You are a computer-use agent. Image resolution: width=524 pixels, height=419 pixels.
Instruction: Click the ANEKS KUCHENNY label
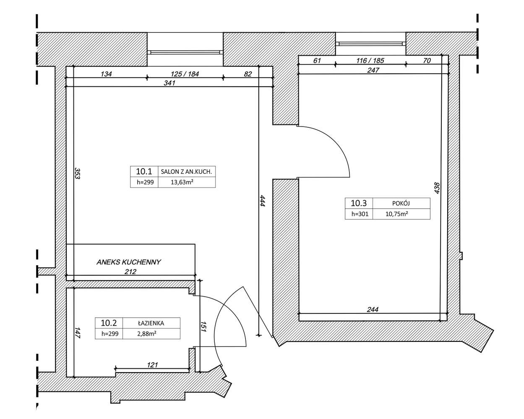click(x=129, y=262)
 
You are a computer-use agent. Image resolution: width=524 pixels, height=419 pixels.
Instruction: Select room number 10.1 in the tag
click(x=144, y=171)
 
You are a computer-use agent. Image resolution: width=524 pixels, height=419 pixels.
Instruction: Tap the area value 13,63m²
click(x=182, y=182)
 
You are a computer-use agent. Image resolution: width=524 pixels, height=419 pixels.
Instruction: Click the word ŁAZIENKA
click(x=151, y=323)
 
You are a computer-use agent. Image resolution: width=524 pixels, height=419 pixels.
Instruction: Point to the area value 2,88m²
click(x=146, y=334)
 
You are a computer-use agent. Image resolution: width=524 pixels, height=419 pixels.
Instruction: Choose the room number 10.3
click(x=359, y=203)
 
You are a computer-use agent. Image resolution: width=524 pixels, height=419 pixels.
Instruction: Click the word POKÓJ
click(x=401, y=203)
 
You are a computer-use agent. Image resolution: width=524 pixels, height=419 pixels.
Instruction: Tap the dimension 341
click(x=169, y=83)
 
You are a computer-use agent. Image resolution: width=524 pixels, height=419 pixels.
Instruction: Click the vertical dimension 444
click(x=262, y=201)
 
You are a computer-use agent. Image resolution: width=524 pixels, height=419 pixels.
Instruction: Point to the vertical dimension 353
click(x=77, y=173)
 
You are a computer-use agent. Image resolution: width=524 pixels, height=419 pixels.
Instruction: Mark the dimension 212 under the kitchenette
click(x=130, y=272)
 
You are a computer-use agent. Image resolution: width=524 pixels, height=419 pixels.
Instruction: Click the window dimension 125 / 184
click(x=185, y=74)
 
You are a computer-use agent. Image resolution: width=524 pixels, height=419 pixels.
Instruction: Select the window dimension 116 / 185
click(x=370, y=61)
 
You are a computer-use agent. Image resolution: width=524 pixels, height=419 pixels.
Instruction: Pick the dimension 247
click(x=373, y=70)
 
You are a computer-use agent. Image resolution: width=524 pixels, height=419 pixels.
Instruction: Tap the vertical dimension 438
click(x=437, y=188)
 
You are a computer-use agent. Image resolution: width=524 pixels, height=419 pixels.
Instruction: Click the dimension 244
click(x=373, y=310)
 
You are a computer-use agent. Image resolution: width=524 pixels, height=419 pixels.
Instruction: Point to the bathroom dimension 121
click(x=152, y=365)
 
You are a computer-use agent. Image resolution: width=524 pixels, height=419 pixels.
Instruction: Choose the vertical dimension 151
click(x=203, y=327)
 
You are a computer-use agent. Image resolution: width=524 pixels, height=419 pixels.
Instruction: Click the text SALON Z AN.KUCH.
click(x=186, y=172)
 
